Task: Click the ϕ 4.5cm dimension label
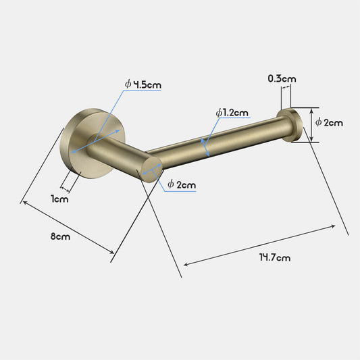[x=143, y=84]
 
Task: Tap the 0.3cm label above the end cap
[x=281, y=79]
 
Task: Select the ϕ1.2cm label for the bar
[x=232, y=113]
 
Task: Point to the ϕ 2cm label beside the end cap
[x=329, y=122]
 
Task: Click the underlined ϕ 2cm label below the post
[x=181, y=184]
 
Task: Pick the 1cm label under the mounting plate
[x=59, y=199]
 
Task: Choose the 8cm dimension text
[x=60, y=236]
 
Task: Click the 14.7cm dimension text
[x=274, y=257]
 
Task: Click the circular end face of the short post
[x=149, y=167]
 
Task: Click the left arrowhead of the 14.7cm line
[x=186, y=265]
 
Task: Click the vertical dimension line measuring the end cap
[x=311, y=125]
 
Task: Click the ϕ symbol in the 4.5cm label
[x=128, y=84]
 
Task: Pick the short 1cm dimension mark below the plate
[x=66, y=186]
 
